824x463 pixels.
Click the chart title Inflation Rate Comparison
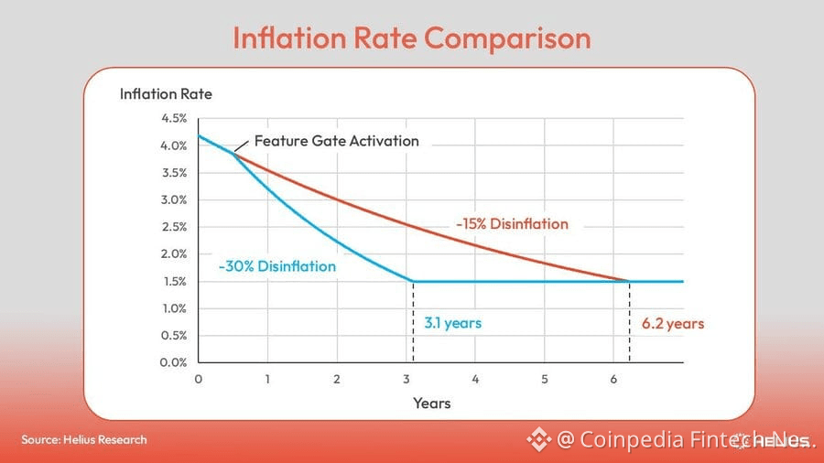pos(411,38)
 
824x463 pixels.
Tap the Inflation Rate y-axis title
pos(166,94)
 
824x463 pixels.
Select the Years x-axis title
pos(431,403)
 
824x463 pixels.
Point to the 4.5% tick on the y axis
pos(174,118)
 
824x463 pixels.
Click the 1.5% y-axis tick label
pos(174,281)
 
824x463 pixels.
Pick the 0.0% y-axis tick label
pos(174,362)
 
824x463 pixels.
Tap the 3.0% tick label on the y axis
pos(174,199)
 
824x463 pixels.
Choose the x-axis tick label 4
pos(475,378)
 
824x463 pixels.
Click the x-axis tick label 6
pos(613,378)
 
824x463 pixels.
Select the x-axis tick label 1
pos(267,378)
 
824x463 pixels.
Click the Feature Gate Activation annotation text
pos(336,141)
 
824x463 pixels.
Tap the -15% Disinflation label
pos(512,224)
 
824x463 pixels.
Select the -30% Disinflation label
pos(276,266)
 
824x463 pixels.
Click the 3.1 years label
pos(452,323)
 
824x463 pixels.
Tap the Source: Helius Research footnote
pos(84,439)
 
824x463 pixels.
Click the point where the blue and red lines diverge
pos(233,153)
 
